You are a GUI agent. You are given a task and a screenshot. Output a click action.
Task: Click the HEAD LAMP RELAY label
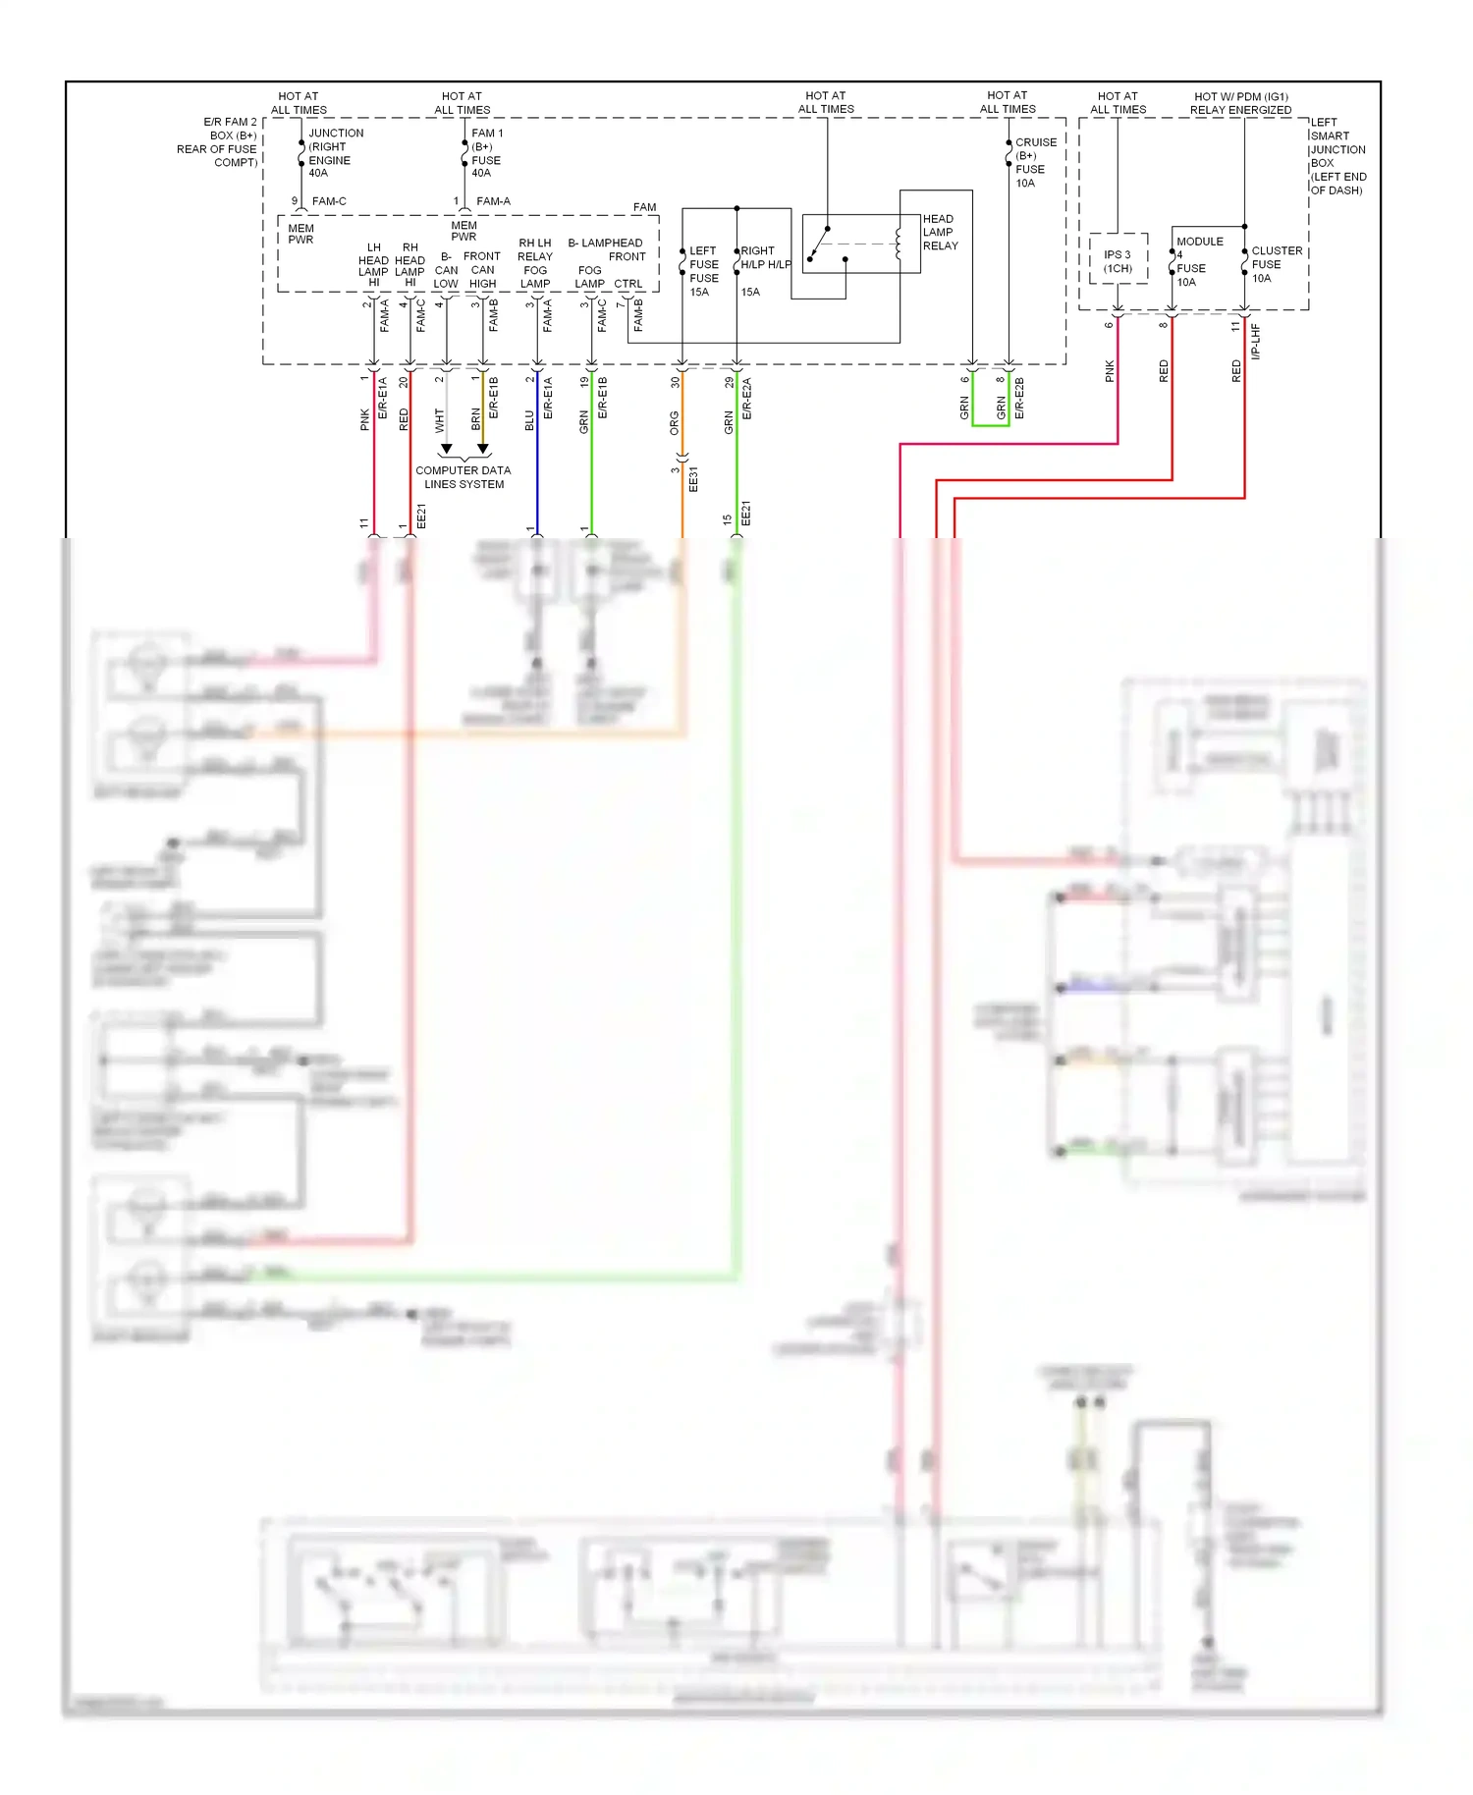pyautogui.click(x=940, y=233)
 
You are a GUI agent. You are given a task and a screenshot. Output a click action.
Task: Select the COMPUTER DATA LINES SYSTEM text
pyautogui.click(x=464, y=477)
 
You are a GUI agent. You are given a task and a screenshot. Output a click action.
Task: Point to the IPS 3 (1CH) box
pyautogui.click(x=1118, y=260)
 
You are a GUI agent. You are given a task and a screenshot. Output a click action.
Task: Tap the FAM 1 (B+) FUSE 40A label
pyautogui.click(x=486, y=152)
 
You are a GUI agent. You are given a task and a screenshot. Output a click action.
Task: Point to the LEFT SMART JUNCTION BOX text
pyautogui.click(x=1337, y=156)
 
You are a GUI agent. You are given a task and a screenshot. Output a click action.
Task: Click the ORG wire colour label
pyautogui.click(x=675, y=423)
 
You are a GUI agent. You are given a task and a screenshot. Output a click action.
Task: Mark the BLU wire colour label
pyautogui.click(x=530, y=420)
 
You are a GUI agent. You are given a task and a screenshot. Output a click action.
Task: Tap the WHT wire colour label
pyautogui.click(x=440, y=420)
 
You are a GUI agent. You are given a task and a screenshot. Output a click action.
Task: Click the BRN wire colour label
pyautogui.click(x=476, y=419)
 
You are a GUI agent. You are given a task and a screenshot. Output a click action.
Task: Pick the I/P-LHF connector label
pyautogui.click(x=1256, y=341)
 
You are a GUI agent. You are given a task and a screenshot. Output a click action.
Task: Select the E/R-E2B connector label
pyautogui.click(x=1019, y=398)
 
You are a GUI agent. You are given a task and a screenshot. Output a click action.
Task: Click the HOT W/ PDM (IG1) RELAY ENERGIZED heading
pyautogui.click(x=1240, y=103)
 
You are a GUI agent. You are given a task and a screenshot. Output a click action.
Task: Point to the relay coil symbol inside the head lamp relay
pyautogui.click(x=898, y=245)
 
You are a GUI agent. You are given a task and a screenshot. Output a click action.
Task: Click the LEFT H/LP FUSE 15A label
pyautogui.click(x=703, y=271)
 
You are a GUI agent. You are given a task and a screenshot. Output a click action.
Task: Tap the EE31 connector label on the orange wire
pyautogui.click(x=693, y=479)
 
